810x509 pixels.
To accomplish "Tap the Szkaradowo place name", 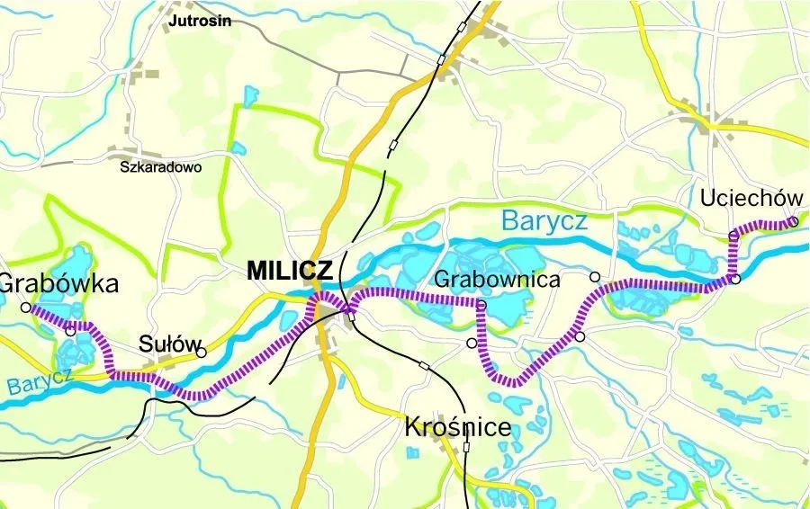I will pos(162,166).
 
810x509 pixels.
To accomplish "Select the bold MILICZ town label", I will pos(289,271).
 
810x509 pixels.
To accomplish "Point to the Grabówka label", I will pos(59,284).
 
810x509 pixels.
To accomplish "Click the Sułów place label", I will pos(163,344).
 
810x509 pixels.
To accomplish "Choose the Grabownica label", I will pos(497,280).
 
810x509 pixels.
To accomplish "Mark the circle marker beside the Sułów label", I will pos(202,353).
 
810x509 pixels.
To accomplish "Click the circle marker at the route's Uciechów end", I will pos(793,221).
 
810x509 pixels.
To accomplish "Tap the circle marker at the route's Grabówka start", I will pos(25,307).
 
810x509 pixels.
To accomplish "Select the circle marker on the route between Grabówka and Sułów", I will pos(70,332).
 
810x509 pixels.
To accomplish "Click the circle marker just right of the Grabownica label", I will pos(594,276).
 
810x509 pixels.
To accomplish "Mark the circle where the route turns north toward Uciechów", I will pos(734,279).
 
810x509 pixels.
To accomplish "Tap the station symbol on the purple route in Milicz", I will pos(351,315).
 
